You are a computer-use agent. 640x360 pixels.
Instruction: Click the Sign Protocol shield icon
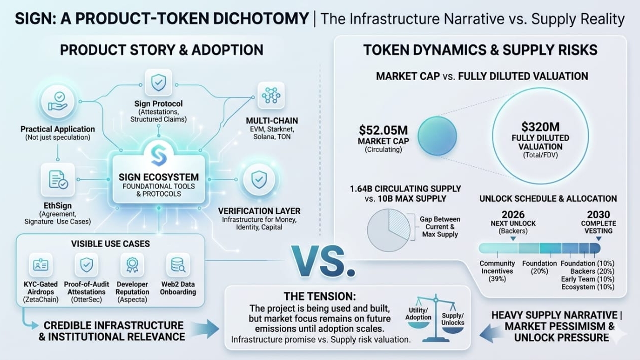point(159,82)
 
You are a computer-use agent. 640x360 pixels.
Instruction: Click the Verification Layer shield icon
point(259,179)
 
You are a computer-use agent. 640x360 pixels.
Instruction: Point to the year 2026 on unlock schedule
point(513,213)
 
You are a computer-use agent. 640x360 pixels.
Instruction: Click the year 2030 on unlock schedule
point(598,213)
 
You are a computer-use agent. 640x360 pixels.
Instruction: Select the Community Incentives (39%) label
point(497,271)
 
